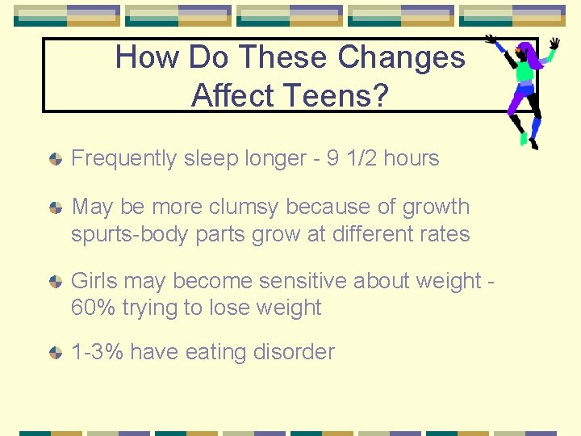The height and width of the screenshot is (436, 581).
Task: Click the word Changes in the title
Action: pyautogui.click(x=401, y=57)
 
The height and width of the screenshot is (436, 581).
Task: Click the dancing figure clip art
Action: pyautogui.click(x=522, y=90)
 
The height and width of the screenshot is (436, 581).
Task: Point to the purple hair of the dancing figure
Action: pyautogui.click(x=531, y=55)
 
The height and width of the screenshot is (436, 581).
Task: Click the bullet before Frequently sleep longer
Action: pyautogui.click(x=55, y=159)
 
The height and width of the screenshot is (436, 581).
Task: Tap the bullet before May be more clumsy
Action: pyautogui.click(x=55, y=208)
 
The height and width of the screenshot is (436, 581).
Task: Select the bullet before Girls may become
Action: pyautogui.click(x=55, y=282)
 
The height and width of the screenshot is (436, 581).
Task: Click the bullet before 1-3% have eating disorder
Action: pyautogui.click(x=55, y=353)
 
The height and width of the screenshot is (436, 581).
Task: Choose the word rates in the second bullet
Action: pyautogui.click(x=442, y=234)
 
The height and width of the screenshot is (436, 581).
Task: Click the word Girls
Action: pyautogui.click(x=93, y=281)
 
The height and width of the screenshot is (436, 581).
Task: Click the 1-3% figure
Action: pyautogui.click(x=98, y=352)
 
